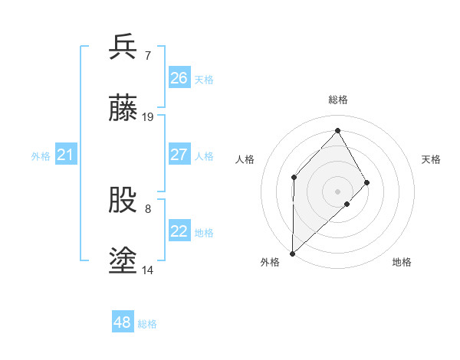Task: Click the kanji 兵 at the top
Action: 123,47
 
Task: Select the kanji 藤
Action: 123,109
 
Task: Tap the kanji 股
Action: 123,201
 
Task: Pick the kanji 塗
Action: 123,262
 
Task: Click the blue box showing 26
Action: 179,78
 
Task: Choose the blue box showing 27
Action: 179,155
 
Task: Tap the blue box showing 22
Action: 179,231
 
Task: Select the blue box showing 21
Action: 66,155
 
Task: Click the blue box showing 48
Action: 123,322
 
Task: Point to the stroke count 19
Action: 148,117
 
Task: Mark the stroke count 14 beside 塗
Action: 148,270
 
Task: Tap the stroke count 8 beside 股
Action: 147,208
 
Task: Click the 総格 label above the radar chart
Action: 338,100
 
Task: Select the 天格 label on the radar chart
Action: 431,159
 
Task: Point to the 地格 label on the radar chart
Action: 402,263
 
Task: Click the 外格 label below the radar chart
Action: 271,263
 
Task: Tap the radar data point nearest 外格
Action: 292,253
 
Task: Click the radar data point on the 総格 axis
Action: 338,130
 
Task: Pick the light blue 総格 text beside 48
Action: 147,324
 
